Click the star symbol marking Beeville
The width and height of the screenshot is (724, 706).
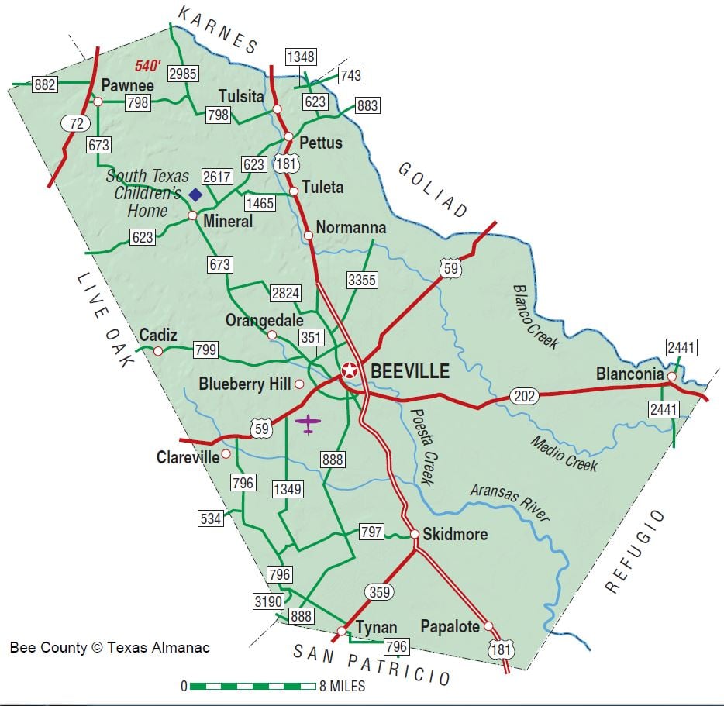(350, 370)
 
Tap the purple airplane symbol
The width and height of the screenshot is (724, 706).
(309, 423)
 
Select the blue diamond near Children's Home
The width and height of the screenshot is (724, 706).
(195, 194)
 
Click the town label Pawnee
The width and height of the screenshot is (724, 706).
(127, 86)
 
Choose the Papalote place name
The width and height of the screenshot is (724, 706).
(450, 626)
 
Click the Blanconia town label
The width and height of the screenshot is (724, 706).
(629, 374)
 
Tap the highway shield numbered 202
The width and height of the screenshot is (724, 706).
(525, 397)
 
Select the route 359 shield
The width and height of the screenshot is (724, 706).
(380, 591)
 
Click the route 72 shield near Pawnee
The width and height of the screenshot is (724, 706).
(76, 123)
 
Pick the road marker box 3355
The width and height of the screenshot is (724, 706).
(362, 280)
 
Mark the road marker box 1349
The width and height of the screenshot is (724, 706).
(287, 489)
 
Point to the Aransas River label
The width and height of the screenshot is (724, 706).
(509, 503)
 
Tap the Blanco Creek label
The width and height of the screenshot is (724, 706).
(535, 315)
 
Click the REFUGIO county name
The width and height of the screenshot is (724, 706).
(634, 551)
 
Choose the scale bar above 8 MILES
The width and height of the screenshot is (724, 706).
(252, 686)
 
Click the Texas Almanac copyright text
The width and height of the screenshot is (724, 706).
(109, 647)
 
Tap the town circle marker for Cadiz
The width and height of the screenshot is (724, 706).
(158, 351)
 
